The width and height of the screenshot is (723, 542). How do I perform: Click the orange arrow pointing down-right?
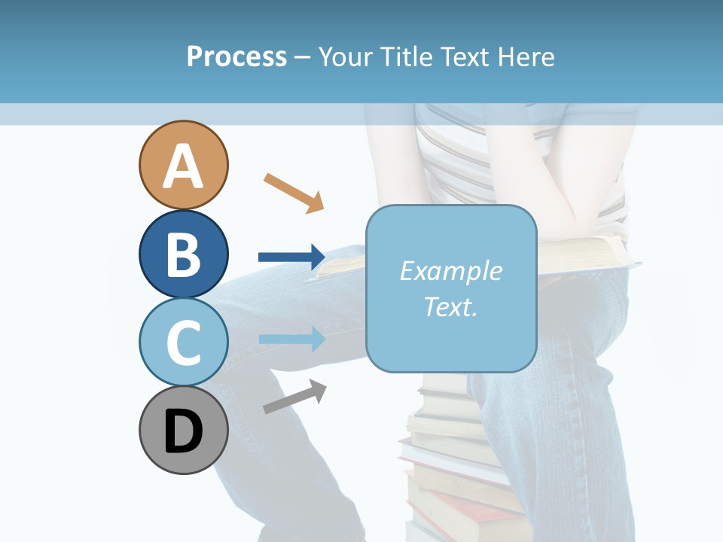pos(294,192)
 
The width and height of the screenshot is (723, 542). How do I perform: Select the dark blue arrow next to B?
pos(291,257)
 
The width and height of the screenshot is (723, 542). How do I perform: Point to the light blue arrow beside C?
pos(291,339)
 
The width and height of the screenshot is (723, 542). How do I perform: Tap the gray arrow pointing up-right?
pos(294,397)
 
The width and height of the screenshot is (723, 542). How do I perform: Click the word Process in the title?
pos(236,56)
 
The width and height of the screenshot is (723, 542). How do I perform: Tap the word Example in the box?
pos(450,271)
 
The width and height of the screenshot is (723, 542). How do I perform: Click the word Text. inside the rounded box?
pos(450,306)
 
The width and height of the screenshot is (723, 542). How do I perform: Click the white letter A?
pos(183,167)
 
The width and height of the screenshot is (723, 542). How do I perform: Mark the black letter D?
pos(183,432)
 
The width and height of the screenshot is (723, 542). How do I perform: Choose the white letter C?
pos(183,343)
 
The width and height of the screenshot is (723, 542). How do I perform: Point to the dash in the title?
pos(302,57)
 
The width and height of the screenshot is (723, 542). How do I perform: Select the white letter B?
pos(183,254)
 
